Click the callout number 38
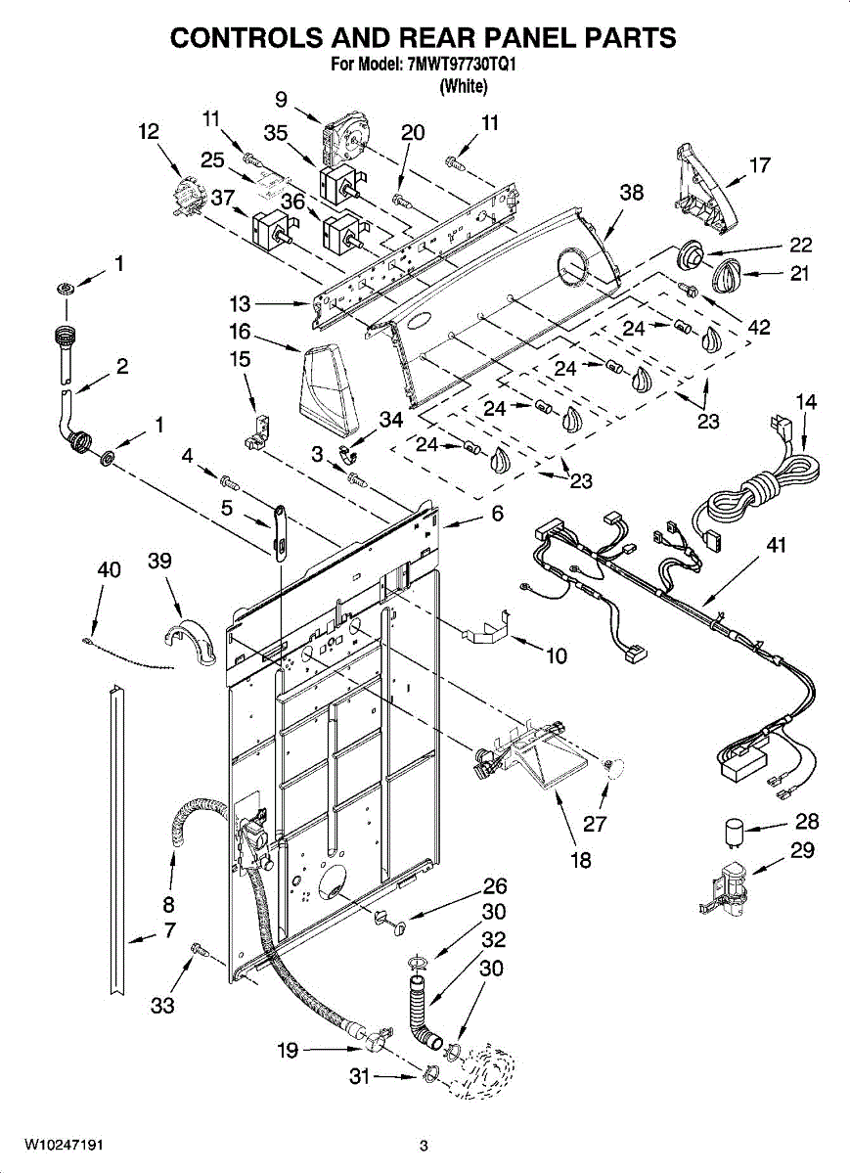coord(631,193)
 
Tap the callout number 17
coord(760,165)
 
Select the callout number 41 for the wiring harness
coord(776,545)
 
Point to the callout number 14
coord(806,402)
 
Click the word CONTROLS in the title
coord(246,38)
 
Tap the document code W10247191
coord(63,1143)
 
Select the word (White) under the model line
coord(464,85)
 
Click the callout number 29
coord(802,850)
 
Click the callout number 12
coord(149,131)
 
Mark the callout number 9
coord(281,99)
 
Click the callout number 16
coord(240,332)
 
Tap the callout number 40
coord(109,569)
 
